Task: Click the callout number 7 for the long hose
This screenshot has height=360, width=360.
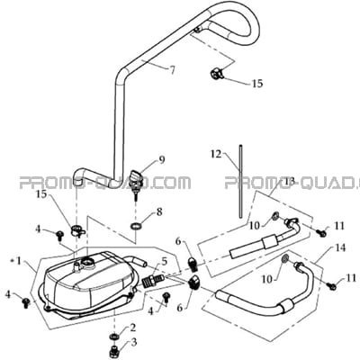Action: click(x=172, y=69)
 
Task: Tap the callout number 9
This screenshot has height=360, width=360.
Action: click(x=162, y=160)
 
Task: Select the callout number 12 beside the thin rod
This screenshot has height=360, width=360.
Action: click(x=216, y=154)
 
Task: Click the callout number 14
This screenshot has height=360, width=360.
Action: click(x=340, y=247)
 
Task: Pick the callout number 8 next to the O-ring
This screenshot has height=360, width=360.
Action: click(x=159, y=212)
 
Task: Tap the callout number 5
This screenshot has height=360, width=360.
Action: click(x=164, y=262)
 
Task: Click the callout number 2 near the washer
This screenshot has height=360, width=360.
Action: click(x=132, y=328)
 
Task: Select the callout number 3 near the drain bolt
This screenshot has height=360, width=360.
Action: click(x=134, y=342)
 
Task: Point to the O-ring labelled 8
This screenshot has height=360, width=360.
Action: click(x=136, y=226)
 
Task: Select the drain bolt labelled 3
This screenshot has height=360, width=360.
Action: click(x=115, y=350)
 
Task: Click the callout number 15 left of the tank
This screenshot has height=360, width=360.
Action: click(x=42, y=194)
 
